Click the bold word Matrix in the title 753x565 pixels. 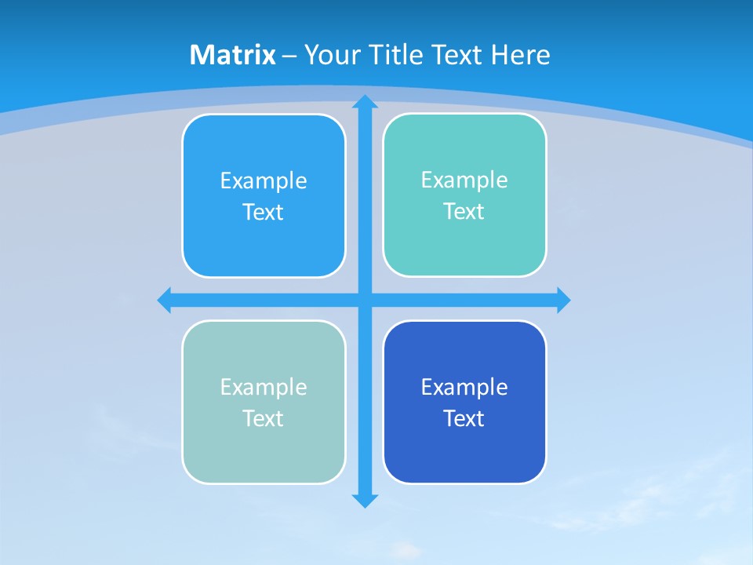coord(233,55)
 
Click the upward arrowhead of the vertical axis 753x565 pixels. coord(365,102)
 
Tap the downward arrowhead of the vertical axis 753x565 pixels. coord(365,500)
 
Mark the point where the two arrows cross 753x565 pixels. coord(365,301)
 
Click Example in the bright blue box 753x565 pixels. coord(264,181)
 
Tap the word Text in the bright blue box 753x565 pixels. coord(264,213)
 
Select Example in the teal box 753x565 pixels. coord(464,180)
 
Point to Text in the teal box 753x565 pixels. coord(464,212)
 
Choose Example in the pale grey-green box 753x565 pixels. coord(264,388)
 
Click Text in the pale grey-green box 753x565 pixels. coord(264,419)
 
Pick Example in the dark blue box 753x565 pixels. coord(464,388)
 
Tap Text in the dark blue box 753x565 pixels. coord(464,419)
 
